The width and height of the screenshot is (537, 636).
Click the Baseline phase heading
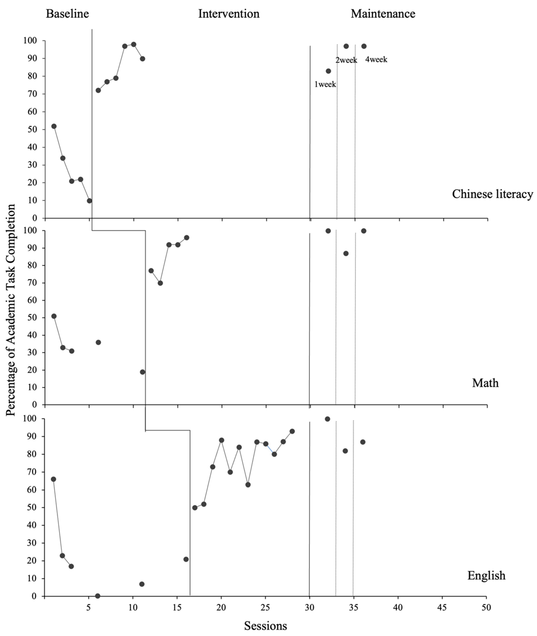(x=67, y=14)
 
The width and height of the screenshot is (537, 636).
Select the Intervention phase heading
(x=229, y=14)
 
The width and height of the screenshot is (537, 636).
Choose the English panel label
(x=486, y=575)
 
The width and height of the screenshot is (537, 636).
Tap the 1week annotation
(x=325, y=84)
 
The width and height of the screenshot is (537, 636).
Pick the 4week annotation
(x=376, y=60)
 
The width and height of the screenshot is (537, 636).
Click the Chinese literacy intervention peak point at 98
(x=133, y=44)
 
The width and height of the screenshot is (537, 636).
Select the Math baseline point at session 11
(x=142, y=372)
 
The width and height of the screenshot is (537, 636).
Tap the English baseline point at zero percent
(x=97, y=596)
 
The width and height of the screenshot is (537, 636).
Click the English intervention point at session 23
(x=248, y=485)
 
